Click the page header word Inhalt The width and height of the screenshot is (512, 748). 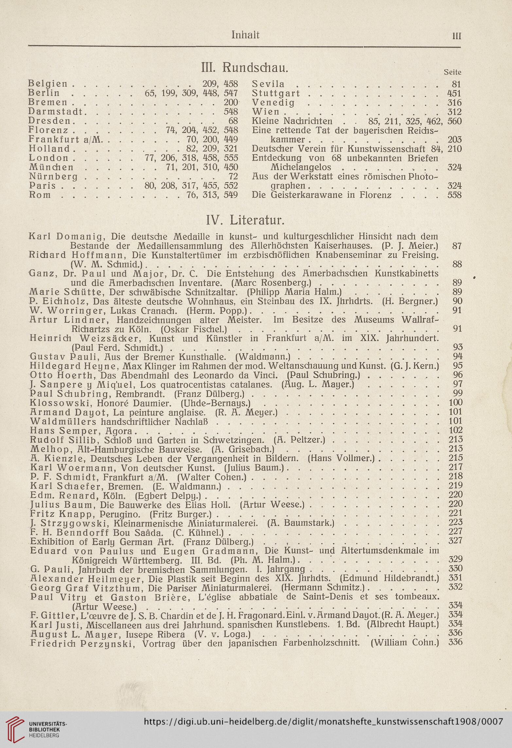(245, 35)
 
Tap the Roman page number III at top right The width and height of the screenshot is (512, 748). (456, 36)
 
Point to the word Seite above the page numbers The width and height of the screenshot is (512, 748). (452, 72)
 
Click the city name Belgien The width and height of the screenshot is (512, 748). (48, 84)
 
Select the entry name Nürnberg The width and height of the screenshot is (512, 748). (53, 177)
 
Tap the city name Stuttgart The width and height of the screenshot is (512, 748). (276, 93)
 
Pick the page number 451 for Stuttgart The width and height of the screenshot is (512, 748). (454, 93)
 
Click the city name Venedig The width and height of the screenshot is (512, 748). (274, 103)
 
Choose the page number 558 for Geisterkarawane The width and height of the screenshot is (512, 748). (454, 195)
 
